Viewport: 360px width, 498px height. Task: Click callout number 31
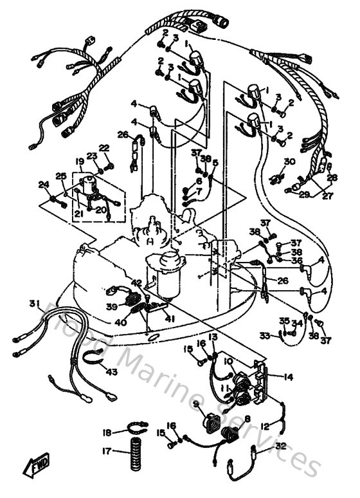pos(34,304)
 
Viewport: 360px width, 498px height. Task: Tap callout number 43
pos(112,371)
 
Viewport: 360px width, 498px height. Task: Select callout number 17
pos(107,451)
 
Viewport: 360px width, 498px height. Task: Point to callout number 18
pos(107,432)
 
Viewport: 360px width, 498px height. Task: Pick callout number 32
pos(280,445)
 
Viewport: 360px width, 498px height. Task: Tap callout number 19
pos(80,161)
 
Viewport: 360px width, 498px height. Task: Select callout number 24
pos(43,185)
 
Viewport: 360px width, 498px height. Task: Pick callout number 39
pos(112,306)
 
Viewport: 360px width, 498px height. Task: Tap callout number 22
pos(104,148)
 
